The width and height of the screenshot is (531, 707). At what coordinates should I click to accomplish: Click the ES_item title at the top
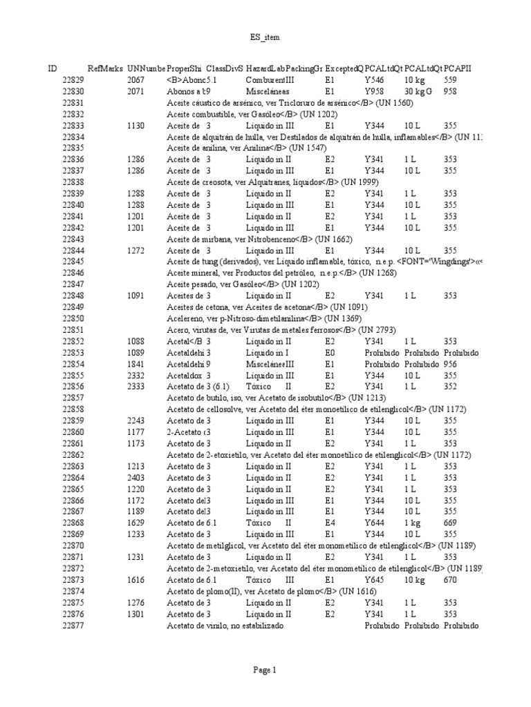[x=265, y=37]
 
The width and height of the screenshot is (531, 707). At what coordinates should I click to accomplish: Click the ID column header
[x=53, y=69]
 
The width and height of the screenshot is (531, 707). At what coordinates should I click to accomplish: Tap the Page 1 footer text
[x=265, y=669]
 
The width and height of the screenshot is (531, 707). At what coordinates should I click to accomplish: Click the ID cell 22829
[x=73, y=80]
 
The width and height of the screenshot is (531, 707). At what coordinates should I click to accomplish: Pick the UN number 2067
[x=136, y=80]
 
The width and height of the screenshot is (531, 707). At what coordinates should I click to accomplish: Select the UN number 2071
[x=136, y=91]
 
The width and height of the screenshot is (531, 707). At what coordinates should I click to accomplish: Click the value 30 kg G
[x=418, y=91]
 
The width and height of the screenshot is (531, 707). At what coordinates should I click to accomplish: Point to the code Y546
[x=373, y=80]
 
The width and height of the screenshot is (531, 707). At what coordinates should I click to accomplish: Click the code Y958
[x=373, y=91]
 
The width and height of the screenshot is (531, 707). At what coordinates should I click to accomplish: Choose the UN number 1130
[x=136, y=126]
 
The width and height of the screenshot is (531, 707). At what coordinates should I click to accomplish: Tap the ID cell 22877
[x=73, y=626]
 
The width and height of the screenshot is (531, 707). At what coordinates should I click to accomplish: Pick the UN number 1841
[x=136, y=364]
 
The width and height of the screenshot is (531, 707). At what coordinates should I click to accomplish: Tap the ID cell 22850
[x=73, y=318]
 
